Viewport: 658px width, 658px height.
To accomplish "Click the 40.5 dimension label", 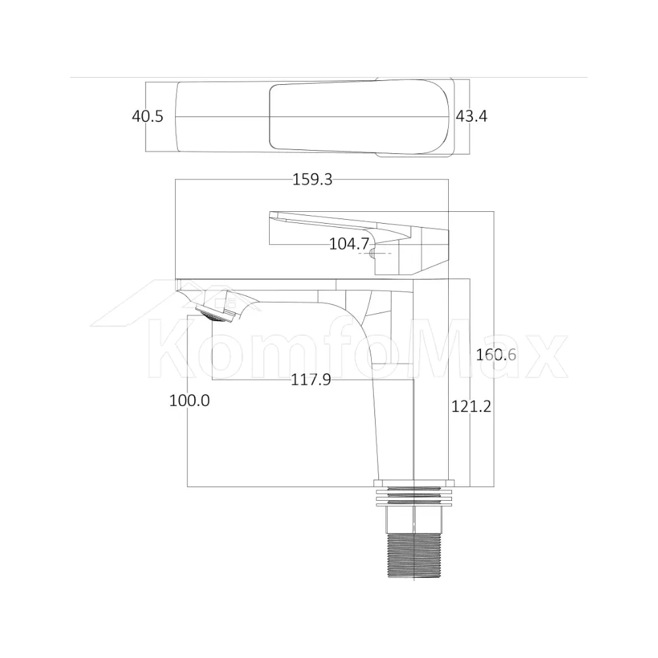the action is click(x=147, y=116).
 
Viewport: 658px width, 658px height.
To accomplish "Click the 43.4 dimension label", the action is click(x=472, y=116).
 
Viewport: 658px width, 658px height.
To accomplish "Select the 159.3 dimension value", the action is click(x=312, y=180).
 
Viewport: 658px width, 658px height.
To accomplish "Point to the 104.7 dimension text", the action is click(x=349, y=244).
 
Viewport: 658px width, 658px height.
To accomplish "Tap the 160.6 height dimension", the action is click(x=496, y=355).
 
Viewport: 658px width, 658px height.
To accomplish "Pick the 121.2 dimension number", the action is click(x=471, y=406).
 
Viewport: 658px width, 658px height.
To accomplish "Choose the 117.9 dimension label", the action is click(x=311, y=380).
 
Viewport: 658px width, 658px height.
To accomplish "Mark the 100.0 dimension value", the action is click(x=190, y=400).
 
